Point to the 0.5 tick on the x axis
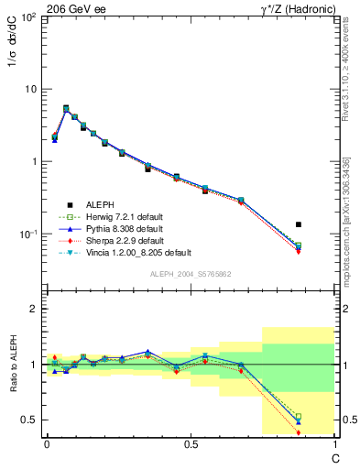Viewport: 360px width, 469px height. pyautogui.click(x=191, y=443)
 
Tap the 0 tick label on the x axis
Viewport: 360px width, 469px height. pyautogui.click(x=47, y=443)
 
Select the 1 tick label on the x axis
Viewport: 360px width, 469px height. pyautogui.click(x=334, y=443)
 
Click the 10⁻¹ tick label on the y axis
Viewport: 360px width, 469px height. pyautogui.click(x=29, y=234)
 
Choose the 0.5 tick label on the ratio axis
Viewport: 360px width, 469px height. pyautogui.click(x=29, y=420)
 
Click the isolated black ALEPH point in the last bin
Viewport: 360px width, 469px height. pyautogui.click(x=299, y=224)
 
